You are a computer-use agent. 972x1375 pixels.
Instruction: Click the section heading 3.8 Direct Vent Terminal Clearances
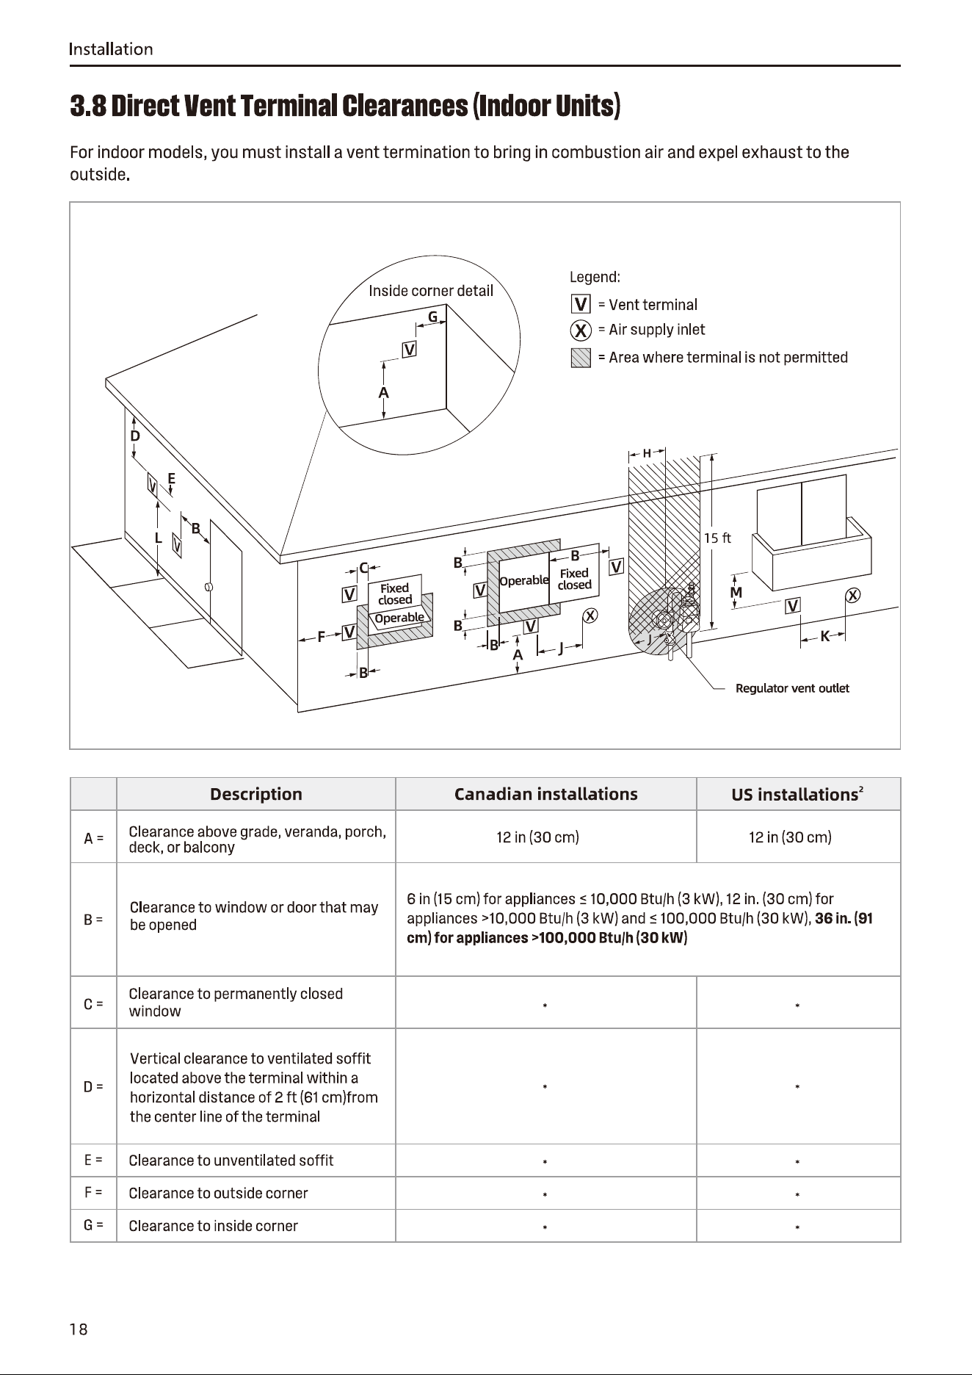[346, 107]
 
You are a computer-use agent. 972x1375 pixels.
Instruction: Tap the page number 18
[79, 1329]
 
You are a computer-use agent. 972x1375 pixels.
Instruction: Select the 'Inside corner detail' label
[431, 291]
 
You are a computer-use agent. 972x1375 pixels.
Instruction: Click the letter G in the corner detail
[433, 317]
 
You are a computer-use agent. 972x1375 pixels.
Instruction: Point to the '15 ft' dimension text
[717, 538]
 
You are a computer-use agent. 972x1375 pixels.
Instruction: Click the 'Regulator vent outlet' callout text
[792, 688]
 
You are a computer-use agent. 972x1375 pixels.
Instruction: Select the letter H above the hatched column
[647, 453]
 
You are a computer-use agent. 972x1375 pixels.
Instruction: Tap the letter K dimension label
[824, 637]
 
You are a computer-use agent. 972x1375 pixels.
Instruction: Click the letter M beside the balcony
[736, 592]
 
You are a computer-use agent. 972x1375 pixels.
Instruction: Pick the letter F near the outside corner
[321, 638]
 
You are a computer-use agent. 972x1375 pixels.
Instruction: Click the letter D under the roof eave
[135, 436]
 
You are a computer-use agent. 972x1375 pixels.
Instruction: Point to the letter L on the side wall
[159, 538]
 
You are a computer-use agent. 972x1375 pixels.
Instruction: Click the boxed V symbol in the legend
[581, 304]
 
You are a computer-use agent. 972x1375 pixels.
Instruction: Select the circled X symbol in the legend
[581, 331]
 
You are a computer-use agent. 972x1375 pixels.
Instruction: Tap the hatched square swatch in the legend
[581, 358]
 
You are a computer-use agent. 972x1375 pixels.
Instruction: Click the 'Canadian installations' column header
[546, 794]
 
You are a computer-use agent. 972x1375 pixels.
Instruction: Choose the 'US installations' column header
[797, 794]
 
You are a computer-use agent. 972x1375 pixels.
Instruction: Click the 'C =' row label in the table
[93, 1003]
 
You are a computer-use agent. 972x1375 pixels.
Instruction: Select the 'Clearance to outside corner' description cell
[218, 1193]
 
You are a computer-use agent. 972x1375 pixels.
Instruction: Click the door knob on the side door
[209, 587]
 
